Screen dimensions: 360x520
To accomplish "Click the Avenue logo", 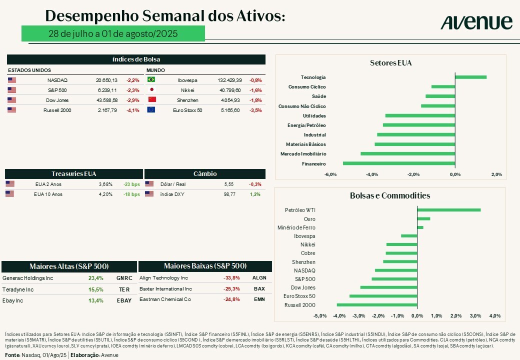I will (476, 22).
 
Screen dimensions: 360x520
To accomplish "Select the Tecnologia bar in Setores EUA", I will (470, 77).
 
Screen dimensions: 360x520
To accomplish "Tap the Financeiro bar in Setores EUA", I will (398, 163).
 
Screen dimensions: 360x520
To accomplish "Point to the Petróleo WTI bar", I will (448, 210).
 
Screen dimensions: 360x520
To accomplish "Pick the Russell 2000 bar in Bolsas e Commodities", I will (377, 304).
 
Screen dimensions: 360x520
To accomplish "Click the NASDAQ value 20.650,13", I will (106, 80).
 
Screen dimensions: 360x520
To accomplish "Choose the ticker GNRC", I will (124, 278).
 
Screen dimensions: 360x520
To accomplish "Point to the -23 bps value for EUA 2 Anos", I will (131, 184).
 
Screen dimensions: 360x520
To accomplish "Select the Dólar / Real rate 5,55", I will (229, 184).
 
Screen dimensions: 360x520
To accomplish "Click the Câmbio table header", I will (205, 174).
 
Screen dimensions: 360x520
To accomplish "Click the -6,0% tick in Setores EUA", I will (330, 174).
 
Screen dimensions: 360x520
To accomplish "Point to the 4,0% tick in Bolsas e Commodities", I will (494, 316).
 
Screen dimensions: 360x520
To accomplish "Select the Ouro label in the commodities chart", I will (309, 219).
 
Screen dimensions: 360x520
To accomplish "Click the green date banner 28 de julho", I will (113, 34).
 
